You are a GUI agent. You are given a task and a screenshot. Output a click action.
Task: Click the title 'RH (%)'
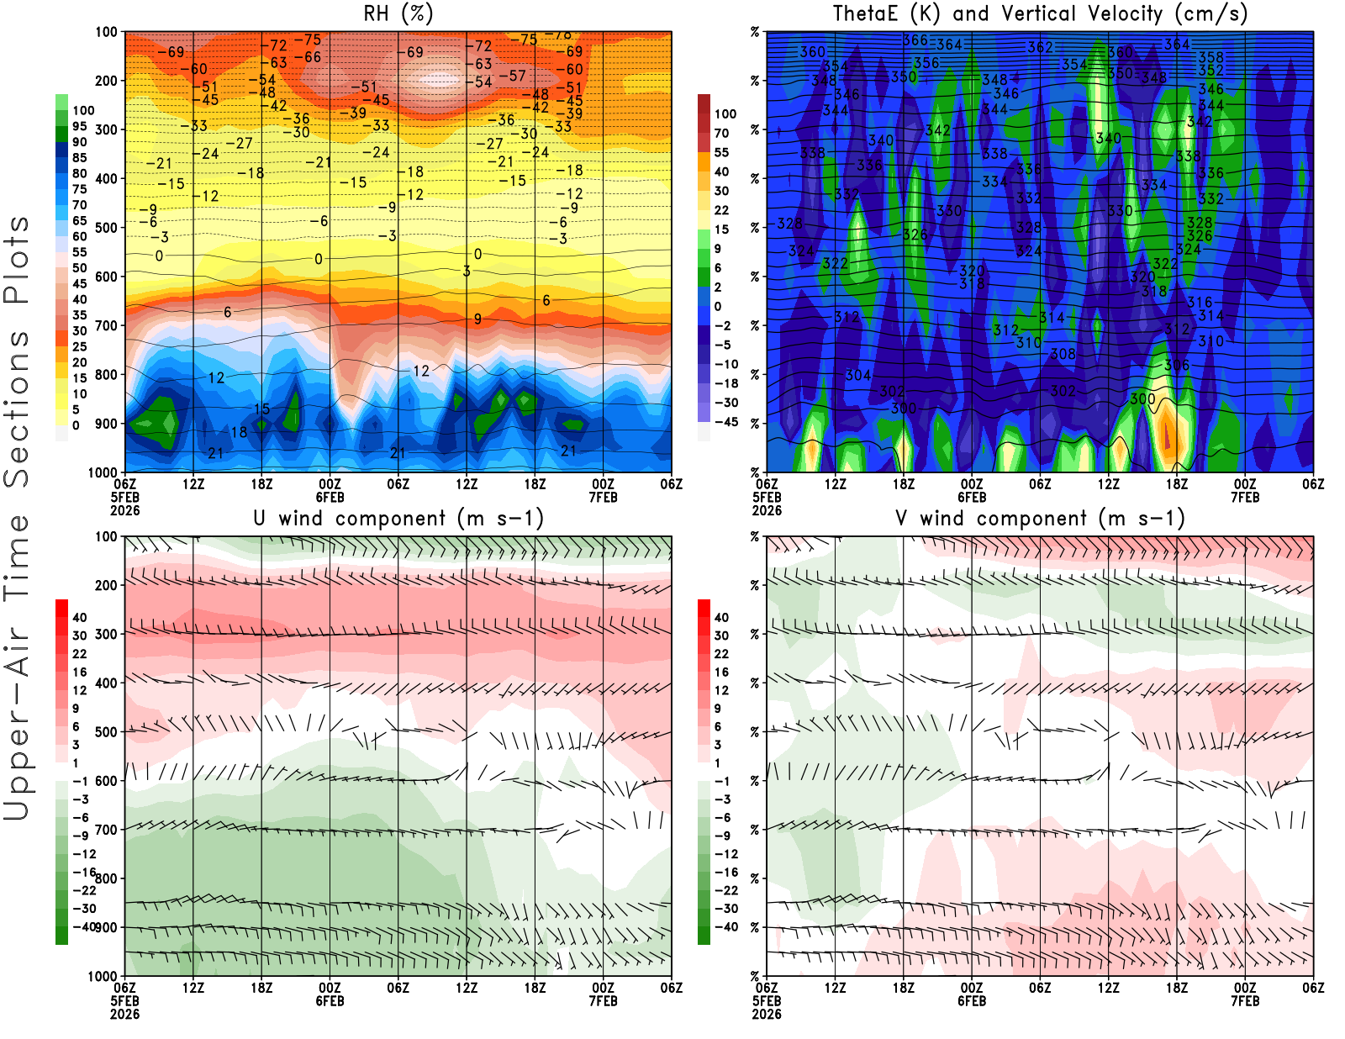click(x=398, y=14)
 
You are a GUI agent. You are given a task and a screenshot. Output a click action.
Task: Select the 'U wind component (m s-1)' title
click(x=398, y=519)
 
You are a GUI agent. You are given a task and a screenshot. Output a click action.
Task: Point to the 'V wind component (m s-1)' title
click(x=1039, y=519)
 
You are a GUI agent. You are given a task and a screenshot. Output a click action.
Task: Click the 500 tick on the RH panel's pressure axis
click(x=106, y=228)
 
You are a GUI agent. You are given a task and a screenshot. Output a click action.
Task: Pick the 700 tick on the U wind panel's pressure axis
click(x=106, y=830)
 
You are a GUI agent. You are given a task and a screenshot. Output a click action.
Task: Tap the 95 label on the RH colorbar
click(x=80, y=126)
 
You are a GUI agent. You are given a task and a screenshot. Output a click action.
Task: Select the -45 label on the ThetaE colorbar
click(x=726, y=422)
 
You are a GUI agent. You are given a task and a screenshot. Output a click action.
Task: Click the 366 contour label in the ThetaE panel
click(x=915, y=40)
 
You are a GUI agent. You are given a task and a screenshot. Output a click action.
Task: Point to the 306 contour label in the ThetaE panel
click(x=1177, y=365)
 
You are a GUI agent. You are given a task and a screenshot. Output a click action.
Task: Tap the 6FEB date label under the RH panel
click(x=330, y=498)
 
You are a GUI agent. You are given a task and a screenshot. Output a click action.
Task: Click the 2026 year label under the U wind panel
click(x=124, y=1014)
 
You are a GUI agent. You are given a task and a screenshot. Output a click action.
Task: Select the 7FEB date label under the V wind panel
click(x=1245, y=1001)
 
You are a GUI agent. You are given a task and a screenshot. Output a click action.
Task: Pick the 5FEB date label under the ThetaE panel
click(x=767, y=498)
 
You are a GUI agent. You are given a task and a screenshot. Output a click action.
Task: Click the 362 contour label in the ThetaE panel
click(x=1040, y=47)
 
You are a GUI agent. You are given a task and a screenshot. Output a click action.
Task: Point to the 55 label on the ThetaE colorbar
click(x=721, y=152)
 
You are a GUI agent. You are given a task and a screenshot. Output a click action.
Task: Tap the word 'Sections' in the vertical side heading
click(x=17, y=408)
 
